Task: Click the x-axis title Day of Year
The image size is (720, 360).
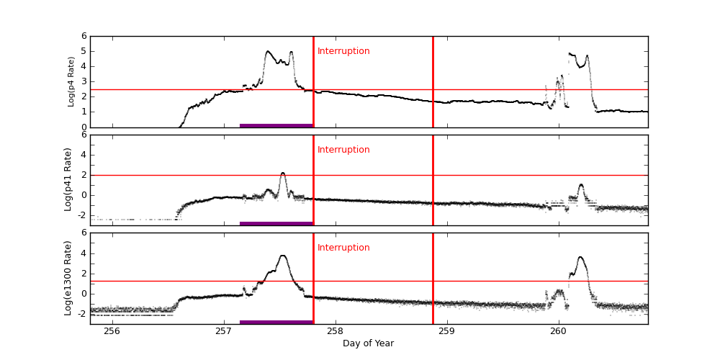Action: [368, 343]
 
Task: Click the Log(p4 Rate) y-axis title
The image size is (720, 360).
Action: [71, 81]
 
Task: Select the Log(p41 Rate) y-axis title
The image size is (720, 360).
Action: [68, 179]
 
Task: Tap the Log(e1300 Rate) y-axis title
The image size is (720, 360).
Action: [68, 278]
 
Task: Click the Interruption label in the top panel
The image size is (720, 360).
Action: [343, 51]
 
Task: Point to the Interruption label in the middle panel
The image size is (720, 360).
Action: [343, 150]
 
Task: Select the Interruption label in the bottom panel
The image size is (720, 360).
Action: [343, 248]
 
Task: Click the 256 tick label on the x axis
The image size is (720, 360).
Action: [112, 331]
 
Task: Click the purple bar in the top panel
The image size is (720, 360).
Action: [276, 125]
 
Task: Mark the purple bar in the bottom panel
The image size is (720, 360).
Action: [276, 322]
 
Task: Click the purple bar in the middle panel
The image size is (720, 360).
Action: [276, 223]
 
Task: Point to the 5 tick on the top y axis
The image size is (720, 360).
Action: [84, 51]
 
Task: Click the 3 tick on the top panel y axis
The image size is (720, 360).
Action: [84, 81]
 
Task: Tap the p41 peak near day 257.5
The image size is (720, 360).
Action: [283, 173]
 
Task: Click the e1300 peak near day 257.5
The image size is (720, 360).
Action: [283, 256]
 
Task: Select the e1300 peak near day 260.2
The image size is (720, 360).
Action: [580, 257]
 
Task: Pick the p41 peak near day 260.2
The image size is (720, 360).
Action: [581, 184]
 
